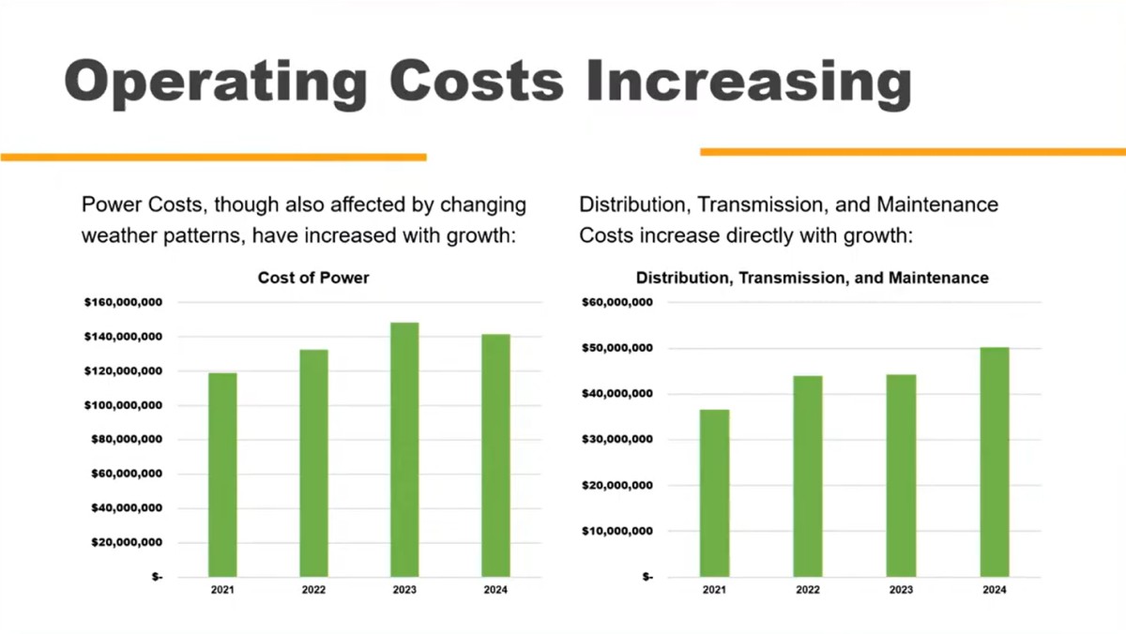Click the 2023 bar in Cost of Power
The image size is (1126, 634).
click(x=404, y=449)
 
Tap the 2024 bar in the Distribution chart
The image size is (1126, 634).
click(x=995, y=461)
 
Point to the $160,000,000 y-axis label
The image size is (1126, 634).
click(x=124, y=303)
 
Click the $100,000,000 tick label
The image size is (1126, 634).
click(x=124, y=405)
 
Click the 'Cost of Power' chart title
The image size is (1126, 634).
click(x=313, y=278)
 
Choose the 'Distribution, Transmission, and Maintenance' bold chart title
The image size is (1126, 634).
click(x=812, y=278)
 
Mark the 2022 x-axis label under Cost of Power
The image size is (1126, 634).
click(x=313, y=591)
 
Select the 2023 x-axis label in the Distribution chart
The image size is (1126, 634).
click(x=901, y=591)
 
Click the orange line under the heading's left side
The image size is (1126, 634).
click(x=213, y=157)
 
